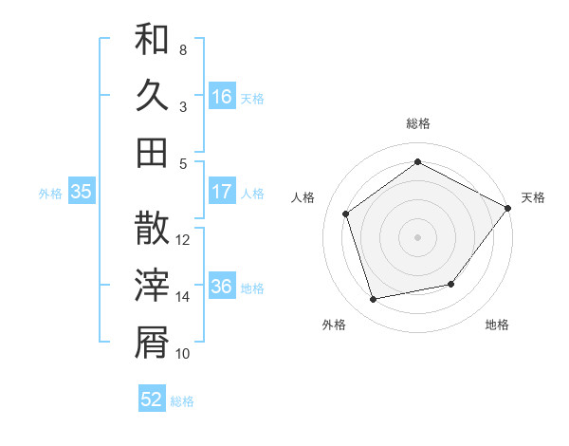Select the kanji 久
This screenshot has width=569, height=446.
click(152, 95)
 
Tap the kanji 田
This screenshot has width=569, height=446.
click(152, 152)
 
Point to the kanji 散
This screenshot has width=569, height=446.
click(152, 229)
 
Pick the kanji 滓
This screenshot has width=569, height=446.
click(152, 285)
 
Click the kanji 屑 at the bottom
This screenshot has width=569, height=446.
click(152, 342)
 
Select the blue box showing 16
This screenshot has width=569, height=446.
click(222, 97)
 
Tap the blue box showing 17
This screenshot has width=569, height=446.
click(222, 192)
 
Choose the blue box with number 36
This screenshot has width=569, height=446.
click(222, 287)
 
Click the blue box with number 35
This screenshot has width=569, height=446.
click(81, 192)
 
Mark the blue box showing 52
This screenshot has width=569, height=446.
click(152, 400)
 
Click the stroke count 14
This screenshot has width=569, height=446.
click(182, 297)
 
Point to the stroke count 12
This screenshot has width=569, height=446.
click(183, 240)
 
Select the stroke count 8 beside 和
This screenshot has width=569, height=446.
click(182, 49)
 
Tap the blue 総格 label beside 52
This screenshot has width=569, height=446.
click(182, 401)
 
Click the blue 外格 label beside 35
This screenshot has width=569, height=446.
click(50, 194)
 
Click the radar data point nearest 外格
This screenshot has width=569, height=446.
click(374, 300)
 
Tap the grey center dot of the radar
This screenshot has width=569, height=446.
click(417, 236)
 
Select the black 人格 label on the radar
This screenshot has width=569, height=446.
click(303, 197)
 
